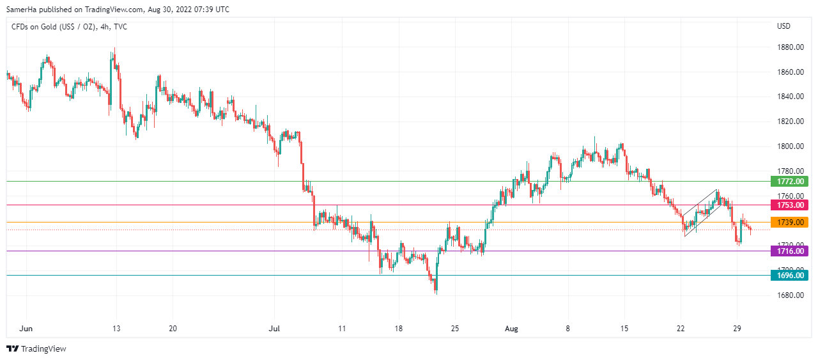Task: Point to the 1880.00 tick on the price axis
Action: [790, 47]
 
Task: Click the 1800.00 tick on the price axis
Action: [790, 146]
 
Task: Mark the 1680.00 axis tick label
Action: [790, 295]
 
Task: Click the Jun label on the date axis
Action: [26, 328]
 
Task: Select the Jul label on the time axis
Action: [274, 328]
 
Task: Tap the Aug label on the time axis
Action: [512, 328]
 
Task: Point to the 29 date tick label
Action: [737, 328]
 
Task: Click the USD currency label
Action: [783, 26]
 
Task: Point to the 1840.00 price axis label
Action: [790, 97]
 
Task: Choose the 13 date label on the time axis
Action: [116, 328]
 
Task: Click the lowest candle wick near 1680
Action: [436, 292]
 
